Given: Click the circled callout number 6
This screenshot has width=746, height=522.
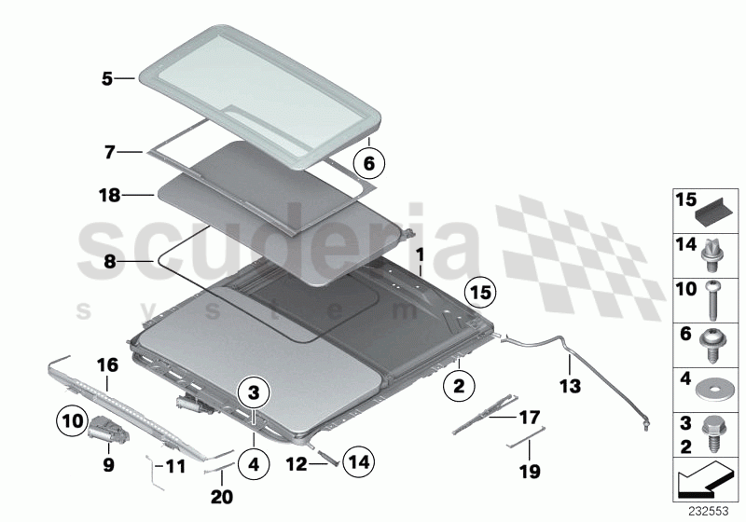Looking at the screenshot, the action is pos(368,163).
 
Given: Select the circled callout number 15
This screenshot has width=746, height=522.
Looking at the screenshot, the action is pos(480,293).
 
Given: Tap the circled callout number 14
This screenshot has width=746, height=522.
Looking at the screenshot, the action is pos(358,461).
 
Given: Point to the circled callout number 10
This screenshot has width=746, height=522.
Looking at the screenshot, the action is pos(72,420).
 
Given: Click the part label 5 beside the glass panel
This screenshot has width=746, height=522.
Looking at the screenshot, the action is pos(107,78).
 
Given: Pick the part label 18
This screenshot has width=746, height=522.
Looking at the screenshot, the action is pos(109,195).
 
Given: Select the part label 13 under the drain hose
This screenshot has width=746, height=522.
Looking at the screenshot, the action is pos(570,386).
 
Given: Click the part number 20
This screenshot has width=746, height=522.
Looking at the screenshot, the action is pos(222,497).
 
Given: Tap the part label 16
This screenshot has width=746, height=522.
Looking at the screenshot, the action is pos(107,365).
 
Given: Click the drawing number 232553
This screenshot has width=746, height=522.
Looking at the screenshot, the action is pos(709,512).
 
